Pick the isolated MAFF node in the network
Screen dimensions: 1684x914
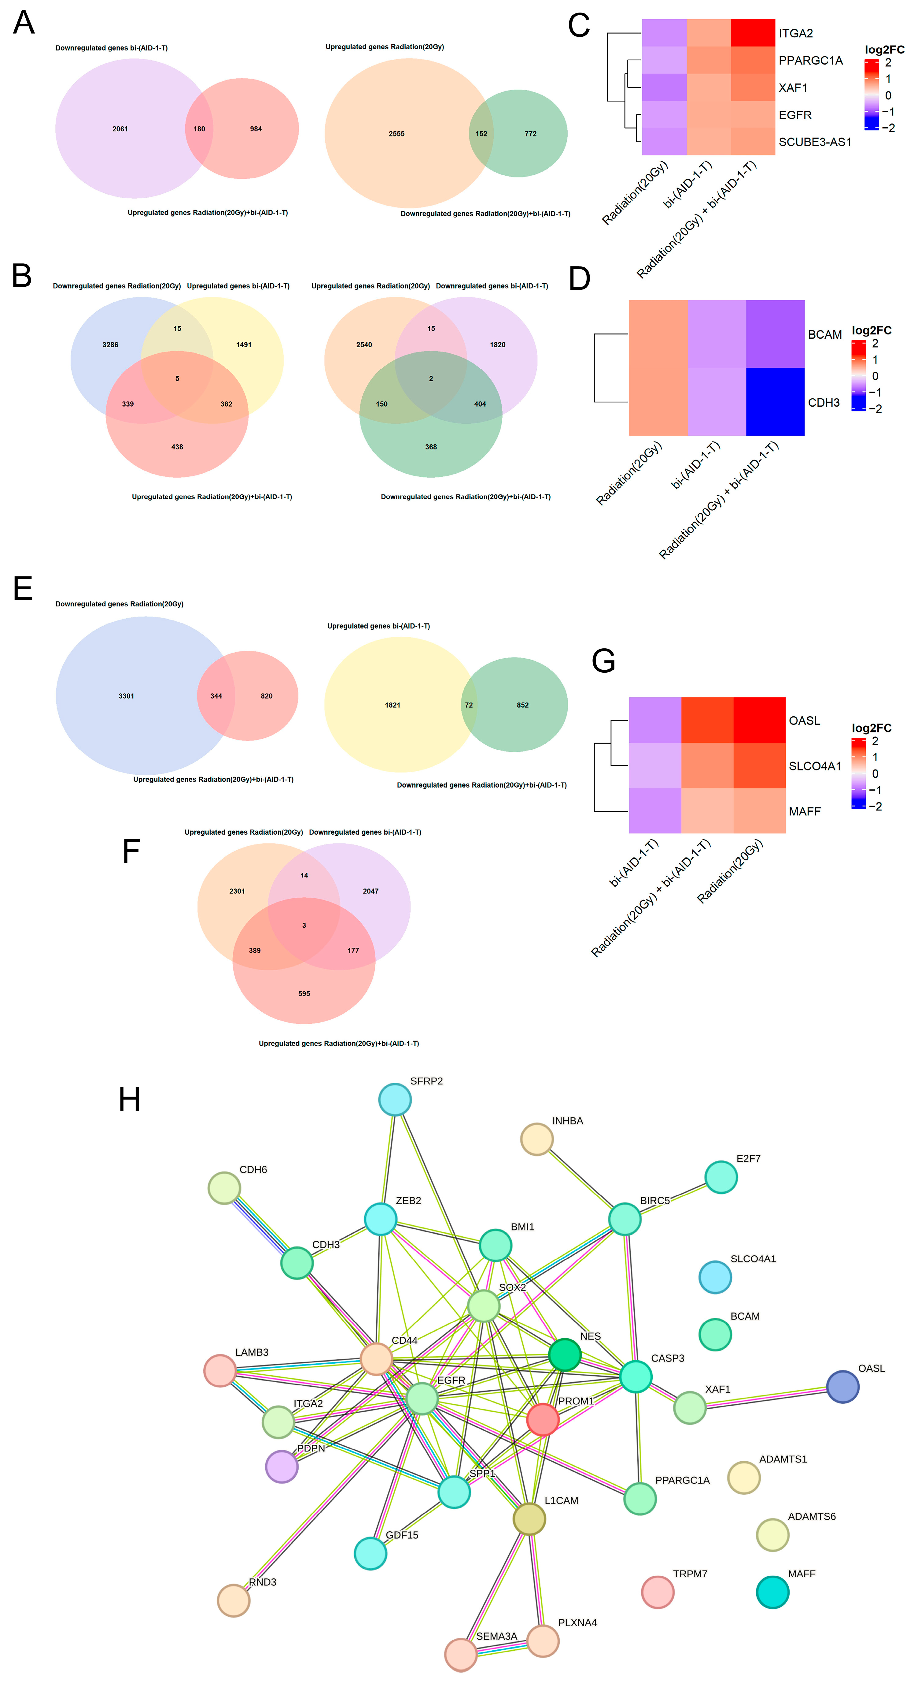point(772,1592)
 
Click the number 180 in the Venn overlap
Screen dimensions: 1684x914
point(199,129)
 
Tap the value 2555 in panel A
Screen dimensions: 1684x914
point(396,133)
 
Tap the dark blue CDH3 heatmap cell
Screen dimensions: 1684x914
point(775,401)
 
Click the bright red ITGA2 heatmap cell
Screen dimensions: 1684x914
point(753,33)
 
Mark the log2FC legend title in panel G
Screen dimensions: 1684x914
point(871,728)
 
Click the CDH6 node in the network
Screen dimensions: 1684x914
point(224,1188)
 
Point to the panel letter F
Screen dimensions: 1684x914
point(131,851)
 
